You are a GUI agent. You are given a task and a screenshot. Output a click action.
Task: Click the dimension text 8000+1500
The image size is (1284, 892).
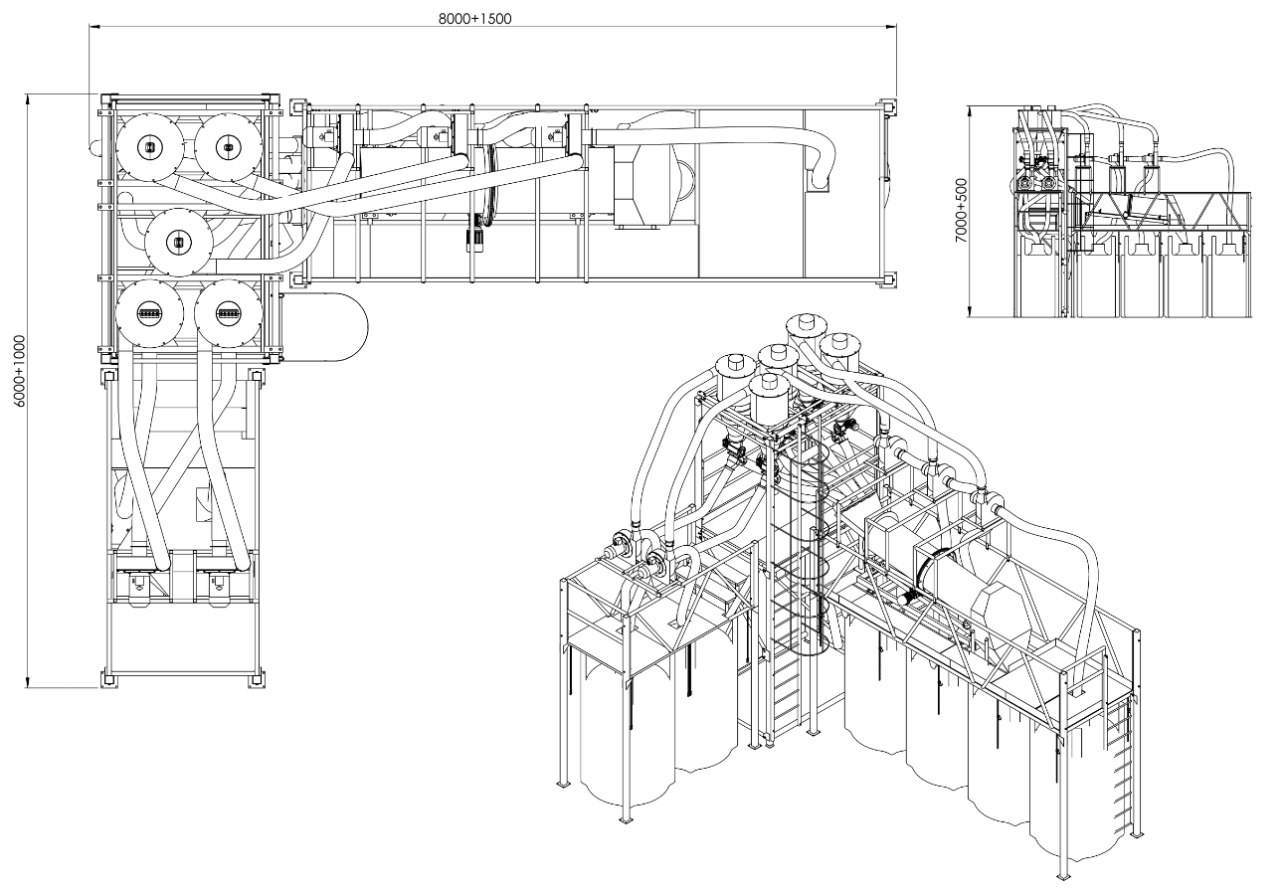pos(474,18)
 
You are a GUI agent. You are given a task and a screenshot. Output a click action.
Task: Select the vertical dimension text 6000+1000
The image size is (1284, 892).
pos(21,371)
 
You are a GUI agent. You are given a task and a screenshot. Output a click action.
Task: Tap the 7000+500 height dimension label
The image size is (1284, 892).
pos(961,211)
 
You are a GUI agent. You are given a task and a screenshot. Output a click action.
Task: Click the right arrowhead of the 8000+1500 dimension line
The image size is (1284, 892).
pos(891,27)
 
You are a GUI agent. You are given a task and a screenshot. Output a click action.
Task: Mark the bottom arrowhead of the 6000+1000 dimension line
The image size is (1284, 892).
pos(27,681)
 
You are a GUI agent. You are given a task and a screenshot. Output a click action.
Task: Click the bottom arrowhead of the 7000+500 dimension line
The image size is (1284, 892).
pos(970,310)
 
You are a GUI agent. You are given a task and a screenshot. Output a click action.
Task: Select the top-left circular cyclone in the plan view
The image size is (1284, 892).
pos(149,147)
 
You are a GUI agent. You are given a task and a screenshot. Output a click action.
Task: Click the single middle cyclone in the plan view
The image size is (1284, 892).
pos(179,243)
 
